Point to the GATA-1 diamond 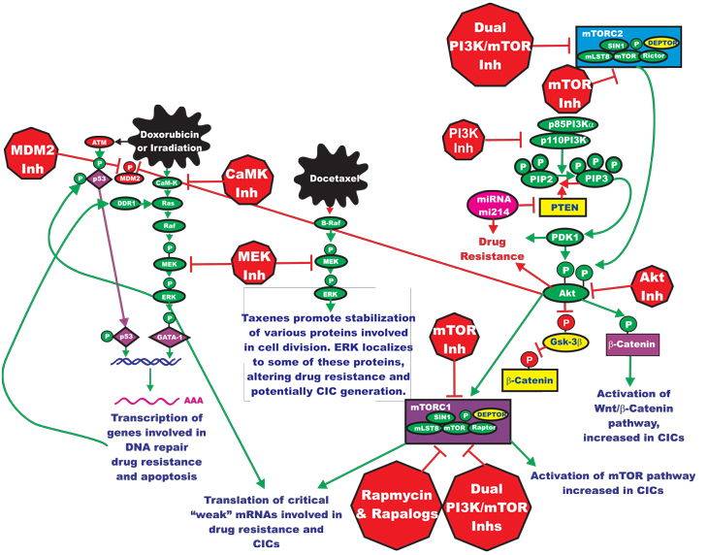tap(172, 338)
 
